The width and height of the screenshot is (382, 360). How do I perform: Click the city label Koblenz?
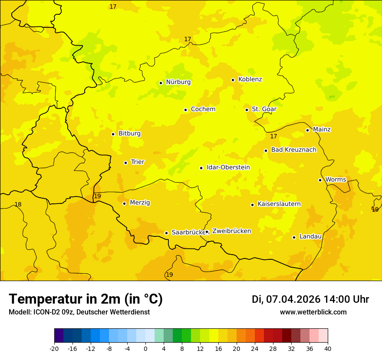(x=250, y=79)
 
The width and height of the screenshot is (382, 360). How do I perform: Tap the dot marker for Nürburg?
(x=161, y=83)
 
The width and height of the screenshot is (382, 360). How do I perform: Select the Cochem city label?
(x=203, y=109)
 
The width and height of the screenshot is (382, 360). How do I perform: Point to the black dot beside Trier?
(x=125, y=163)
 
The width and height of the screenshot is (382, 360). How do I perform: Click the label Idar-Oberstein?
(x=228, y=167)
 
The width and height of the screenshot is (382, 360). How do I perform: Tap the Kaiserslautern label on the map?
(x=279, y=204)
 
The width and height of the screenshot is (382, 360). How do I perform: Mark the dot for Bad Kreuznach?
(x=266, y=151)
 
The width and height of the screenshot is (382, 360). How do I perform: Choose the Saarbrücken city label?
(x=188, y=232)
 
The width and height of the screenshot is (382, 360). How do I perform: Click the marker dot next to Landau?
(x=294, y=237)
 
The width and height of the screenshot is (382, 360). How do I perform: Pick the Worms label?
(x=336, y=180)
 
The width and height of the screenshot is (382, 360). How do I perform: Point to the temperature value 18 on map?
(x=18, y=205)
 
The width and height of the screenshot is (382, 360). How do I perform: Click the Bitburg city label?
(x=129, y=134)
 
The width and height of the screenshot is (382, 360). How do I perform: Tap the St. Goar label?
(x=264, y=109)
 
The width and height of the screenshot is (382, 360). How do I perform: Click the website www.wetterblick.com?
(x=313, y=312)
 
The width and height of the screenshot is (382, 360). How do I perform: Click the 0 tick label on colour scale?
(x=145, y=348)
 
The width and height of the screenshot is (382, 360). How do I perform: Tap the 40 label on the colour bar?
(x=328, y=348)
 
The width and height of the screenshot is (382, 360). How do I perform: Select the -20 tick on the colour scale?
(x=54, y=348)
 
